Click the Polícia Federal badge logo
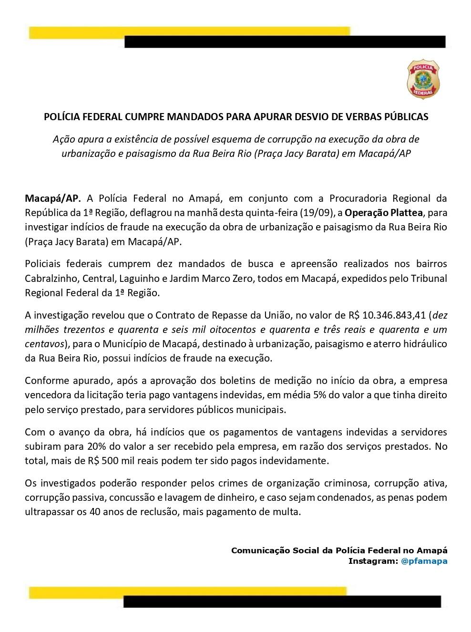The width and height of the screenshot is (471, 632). tap(423, 79)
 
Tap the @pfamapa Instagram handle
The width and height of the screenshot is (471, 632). tap(424, 561)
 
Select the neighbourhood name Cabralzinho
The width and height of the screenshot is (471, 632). tap(52, 278)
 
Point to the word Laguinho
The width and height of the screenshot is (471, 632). tap(144, 278)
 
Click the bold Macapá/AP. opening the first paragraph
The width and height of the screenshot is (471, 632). tap(53, 198)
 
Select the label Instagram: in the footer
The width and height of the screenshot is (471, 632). tap(372, 561)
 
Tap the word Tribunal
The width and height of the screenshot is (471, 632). tap(426, 278)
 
